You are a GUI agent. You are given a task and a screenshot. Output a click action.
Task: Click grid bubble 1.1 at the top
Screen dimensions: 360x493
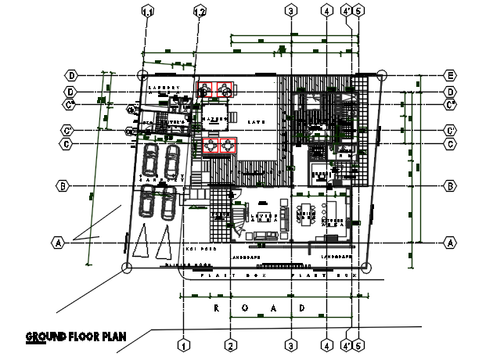(147, 11)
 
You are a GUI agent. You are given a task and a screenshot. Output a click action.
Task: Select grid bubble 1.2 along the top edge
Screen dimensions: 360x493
(200, 11)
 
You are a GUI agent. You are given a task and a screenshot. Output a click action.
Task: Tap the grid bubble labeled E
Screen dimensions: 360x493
(450, 75)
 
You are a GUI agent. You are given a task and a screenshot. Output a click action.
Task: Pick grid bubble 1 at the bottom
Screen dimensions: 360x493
(183, 344)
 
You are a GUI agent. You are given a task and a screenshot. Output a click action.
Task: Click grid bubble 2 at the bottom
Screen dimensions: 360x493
(230, 344)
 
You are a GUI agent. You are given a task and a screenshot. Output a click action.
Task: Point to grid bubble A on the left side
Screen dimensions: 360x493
(58, 242)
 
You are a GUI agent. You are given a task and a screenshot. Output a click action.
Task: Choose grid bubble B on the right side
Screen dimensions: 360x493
(450, 186)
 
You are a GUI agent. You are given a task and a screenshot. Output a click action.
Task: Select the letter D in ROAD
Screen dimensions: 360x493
(302, 308)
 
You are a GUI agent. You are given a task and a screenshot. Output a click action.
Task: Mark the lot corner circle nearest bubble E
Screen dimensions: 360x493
(381, 75)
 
